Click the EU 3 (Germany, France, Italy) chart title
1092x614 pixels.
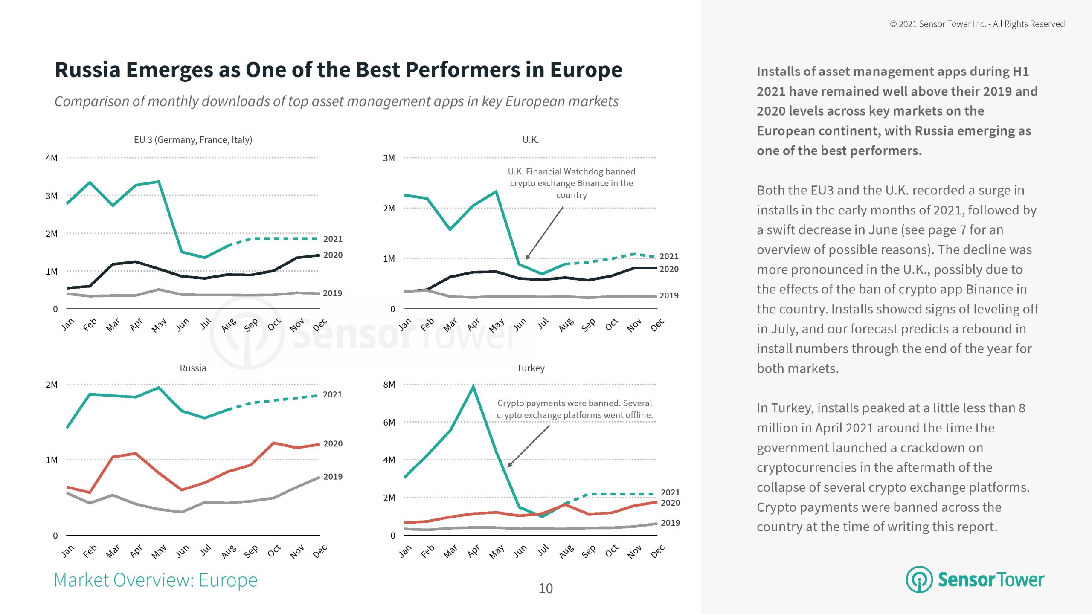pyautogui.click(x=193, y=140)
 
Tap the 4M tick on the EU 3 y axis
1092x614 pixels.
pyautogui.click(x=52, y=158)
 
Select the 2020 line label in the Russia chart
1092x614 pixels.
pyautogui.click(x=333, y=444)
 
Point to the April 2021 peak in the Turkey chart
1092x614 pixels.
pyautogui.click(x=473, y=386)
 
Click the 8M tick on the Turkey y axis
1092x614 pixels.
pyautogui.click(x=389, y=385)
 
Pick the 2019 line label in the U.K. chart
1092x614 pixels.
pyautogui.click(x=669, y=295)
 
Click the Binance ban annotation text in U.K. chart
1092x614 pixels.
pyautogui.click(x=571, y=183)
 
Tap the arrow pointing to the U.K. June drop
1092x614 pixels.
pyautogui.click(x=544, y=233)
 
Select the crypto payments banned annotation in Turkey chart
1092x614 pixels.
pyautogui.click(x=574, y=409)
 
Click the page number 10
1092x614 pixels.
pyautogui.click(x=546, y=588)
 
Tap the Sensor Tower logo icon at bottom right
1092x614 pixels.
pyautogui.click(x=919, y=579)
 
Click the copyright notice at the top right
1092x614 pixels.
pyautogui.click(x=977, y=24)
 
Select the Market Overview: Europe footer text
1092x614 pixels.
pyautogui.click(x=156, y=580)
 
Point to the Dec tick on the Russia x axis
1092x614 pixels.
pyautogui.click(x=319, y=551)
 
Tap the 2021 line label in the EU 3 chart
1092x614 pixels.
pyautogui.click(x=333, y=239)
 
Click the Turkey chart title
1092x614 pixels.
pyautogui.click(x=531, y=368)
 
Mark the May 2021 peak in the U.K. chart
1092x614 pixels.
pyautogui.click(x=496, y=191)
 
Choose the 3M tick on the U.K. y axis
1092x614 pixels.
pyautogui.click(x=389, y=158)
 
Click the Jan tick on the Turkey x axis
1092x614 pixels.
pyautogui.click(x=405, y=551)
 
